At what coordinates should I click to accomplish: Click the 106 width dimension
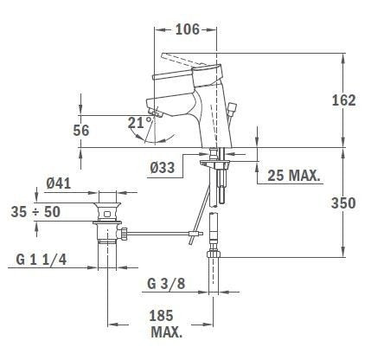pos(188,29)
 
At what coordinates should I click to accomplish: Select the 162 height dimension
pos(344,100)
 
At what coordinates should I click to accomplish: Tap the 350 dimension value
pos(343,203)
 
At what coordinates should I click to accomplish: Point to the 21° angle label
pos(140,123)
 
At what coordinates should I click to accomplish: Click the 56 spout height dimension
pos(81,131)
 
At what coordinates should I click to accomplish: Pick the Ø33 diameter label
pos(163,167)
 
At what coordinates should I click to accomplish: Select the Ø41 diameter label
pos(59,183)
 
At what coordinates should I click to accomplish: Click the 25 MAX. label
pos(294,176)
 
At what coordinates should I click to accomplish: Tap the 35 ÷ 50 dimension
pos(35,212)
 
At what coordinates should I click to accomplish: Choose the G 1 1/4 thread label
pos(42,260)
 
